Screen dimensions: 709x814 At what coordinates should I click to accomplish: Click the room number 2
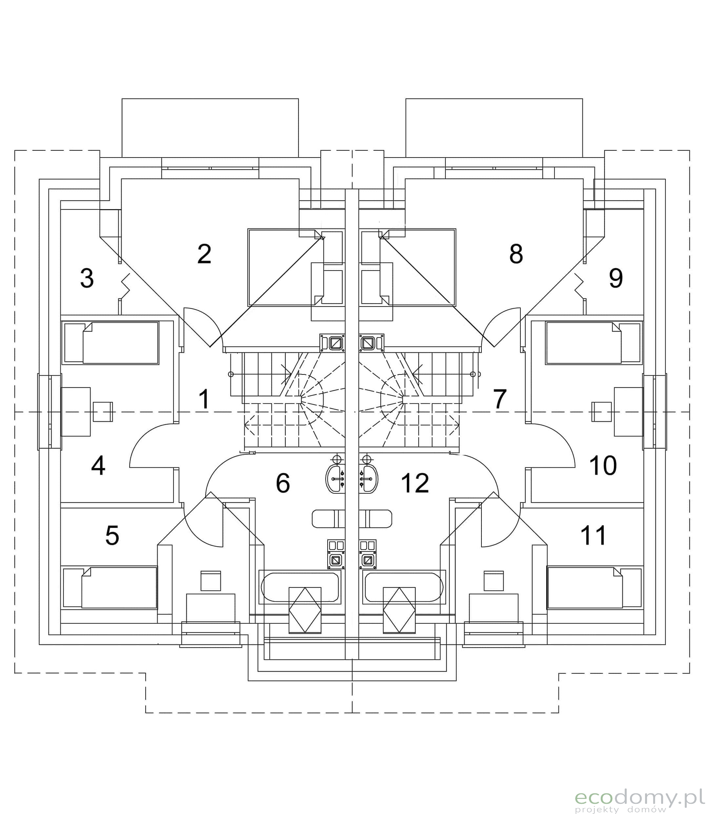coord(204,254)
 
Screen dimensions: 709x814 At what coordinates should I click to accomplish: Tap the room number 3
coord(87,278)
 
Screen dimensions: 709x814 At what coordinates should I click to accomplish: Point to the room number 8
coord(516,254)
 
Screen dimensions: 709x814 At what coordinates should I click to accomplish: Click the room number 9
coord(616,278)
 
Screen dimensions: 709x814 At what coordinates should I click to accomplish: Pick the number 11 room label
coord(594,535)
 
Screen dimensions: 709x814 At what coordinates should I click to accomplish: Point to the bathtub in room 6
coord(300,587)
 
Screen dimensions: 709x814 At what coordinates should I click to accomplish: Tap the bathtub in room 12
coord(404,587)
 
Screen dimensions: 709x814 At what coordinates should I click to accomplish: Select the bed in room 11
coord(594,587)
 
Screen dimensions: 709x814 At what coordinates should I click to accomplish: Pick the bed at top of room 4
coord(111,343)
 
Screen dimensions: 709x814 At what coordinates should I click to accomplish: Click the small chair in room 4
coord(103,412)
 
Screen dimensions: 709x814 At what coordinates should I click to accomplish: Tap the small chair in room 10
coord(601,412)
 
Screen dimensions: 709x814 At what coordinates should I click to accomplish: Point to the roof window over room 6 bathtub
coord(305,610)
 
